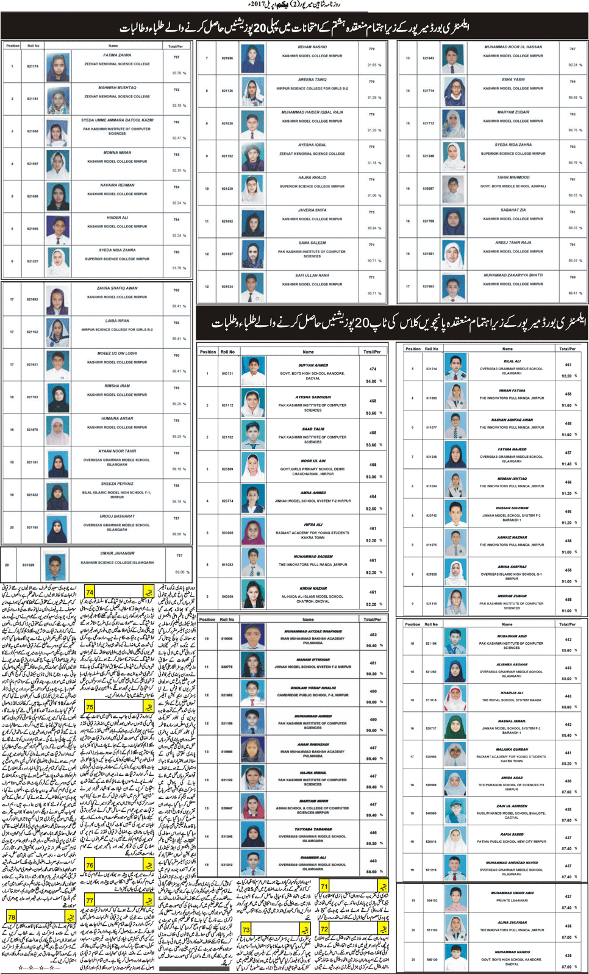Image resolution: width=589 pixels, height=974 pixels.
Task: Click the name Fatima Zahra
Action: click(117, 55)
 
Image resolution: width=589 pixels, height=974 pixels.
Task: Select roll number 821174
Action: click(32, 66)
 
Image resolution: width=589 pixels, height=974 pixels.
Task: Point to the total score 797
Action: click(176, 57)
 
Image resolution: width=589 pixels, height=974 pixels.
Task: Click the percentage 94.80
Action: click(371, 381)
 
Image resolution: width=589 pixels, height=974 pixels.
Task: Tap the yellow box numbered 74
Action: click(90, 592)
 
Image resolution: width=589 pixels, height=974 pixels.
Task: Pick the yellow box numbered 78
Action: click(12, 917)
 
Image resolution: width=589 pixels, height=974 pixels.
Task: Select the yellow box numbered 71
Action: click(324, 886)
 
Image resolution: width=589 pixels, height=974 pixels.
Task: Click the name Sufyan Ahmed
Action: click(313, 365)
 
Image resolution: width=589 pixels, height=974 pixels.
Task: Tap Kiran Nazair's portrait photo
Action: click(253, 593)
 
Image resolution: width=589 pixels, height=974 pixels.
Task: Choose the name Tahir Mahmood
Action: click(513, 177)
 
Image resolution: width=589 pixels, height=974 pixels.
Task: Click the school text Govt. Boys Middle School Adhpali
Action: click(513, 186)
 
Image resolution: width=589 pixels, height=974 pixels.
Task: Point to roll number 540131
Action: click(227, 373)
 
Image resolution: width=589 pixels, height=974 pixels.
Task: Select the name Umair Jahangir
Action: click(117, 554)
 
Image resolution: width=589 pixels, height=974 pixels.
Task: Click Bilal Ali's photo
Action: click(455, 367)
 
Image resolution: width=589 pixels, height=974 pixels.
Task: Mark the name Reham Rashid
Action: click(312, 47)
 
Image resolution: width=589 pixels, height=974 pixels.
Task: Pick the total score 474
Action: click(373, 369)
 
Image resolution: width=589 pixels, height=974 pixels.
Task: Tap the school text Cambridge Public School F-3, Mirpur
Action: click(313, 695)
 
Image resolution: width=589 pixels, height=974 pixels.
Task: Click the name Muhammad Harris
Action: click(512, 951)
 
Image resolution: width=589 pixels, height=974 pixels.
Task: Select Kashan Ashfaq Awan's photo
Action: click(455, 426)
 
